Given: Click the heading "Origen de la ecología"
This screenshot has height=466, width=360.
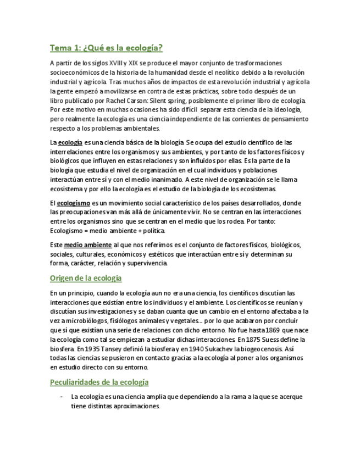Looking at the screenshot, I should point(86,278).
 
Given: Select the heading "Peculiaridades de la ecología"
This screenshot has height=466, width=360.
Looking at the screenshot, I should point(99,382).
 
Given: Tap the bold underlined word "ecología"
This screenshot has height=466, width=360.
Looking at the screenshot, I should point(70,143).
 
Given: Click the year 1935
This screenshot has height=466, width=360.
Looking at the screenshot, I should point(88,348).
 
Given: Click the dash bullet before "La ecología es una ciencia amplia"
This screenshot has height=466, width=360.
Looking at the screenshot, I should point(61,397).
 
